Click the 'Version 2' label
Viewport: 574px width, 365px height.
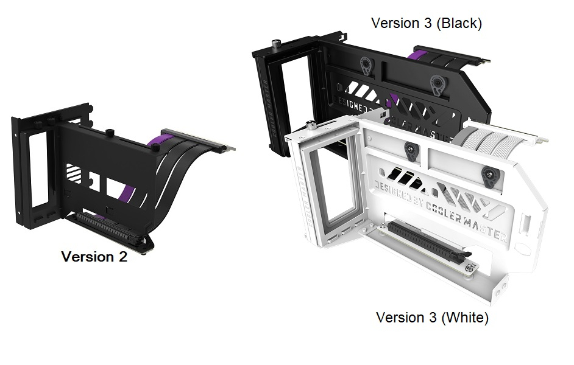tap(94, 257)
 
